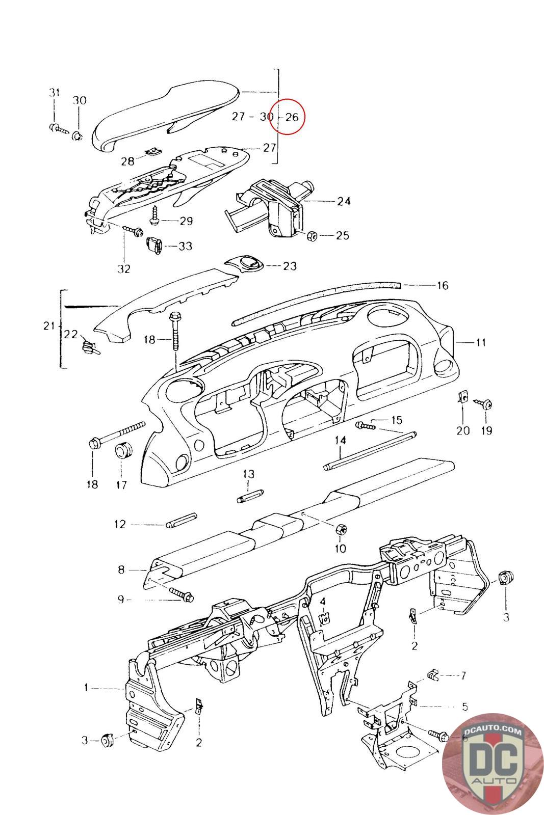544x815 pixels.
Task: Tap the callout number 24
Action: [344, 201]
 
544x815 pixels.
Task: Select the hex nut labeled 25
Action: [313, 236]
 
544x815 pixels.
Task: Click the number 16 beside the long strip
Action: [442, 285]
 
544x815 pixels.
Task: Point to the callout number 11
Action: [480, 342]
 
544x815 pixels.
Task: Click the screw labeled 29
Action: [154, 219]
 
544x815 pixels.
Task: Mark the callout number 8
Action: [121, 569]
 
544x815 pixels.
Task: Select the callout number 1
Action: [87, 688]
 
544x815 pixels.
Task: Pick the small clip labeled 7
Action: [432, 675]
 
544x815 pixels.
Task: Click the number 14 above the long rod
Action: [340, 440]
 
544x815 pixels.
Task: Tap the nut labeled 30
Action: [77, 136]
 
